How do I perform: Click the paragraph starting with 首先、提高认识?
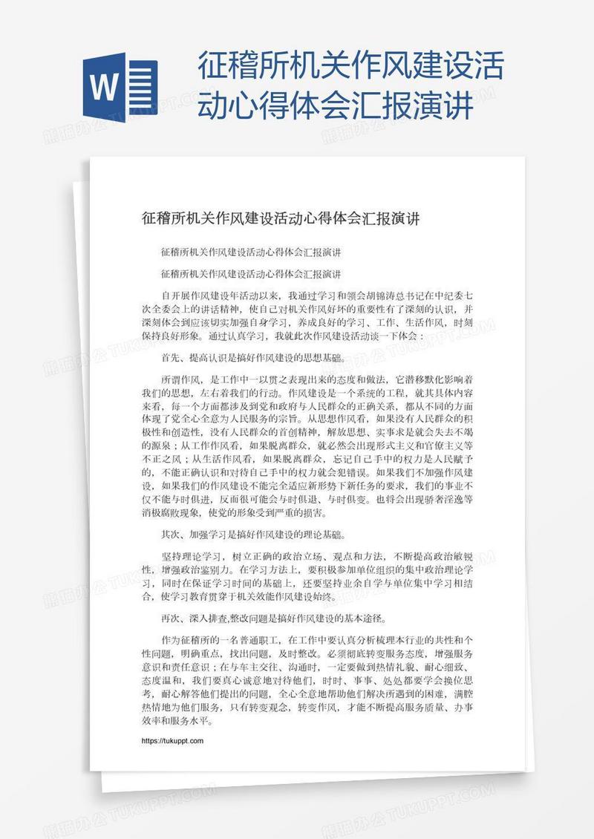[252, 357]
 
